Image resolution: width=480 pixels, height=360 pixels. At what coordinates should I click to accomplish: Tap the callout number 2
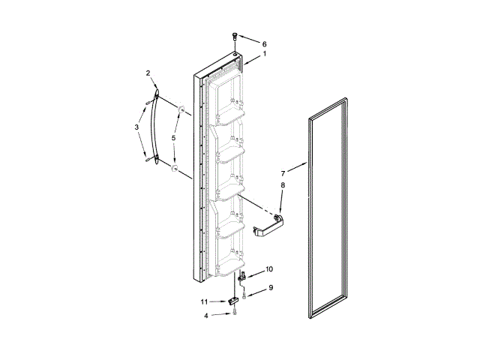[148, 73]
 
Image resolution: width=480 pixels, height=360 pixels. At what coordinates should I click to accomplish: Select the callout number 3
[136, 127]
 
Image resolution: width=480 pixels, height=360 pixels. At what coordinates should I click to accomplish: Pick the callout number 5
[173, 138]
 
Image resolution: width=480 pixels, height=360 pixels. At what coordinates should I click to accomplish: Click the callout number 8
[283, 184]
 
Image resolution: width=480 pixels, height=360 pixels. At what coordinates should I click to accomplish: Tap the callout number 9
[271, 287]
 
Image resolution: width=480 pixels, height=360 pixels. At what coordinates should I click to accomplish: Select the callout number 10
[269, 268]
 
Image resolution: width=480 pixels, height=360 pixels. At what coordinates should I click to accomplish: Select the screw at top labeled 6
[235, 34]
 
